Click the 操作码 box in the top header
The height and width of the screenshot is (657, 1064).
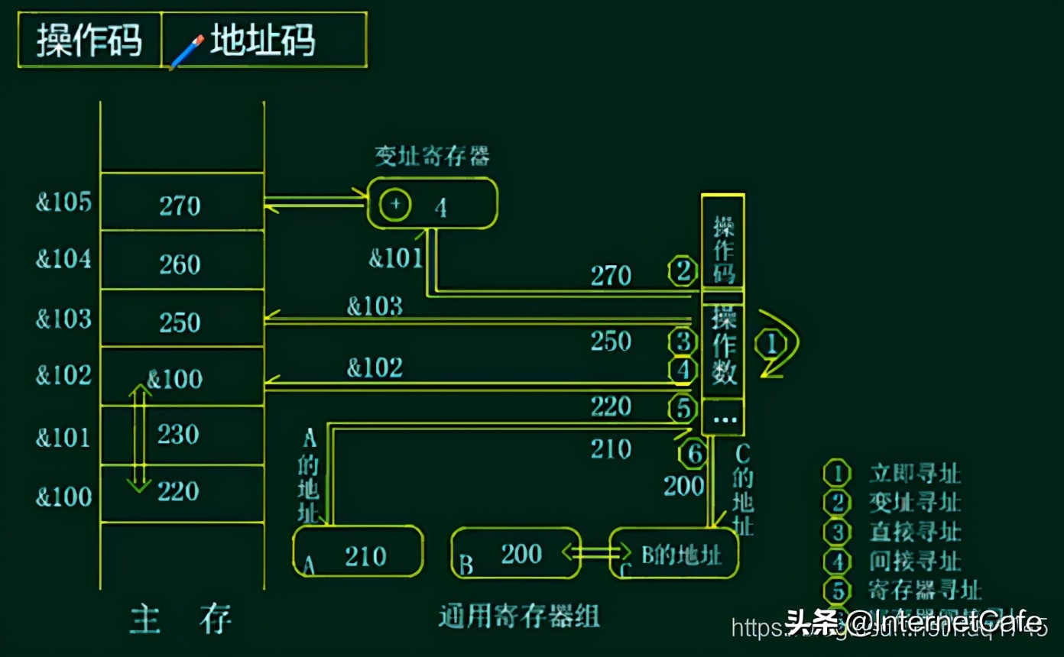pyautogui.click(x=89, y=40)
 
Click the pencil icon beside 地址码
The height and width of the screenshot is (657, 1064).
pyautogui.click(x=186, y=52)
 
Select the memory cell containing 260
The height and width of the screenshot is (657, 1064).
pyautogui.click(x=181, y=264)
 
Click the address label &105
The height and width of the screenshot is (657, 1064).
pyautogui.click(x=63, y=202)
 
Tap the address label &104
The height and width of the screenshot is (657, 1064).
pyautogui.click(x=63, y=260)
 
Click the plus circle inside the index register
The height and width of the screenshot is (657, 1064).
pyautogui.click(x=395, y=204)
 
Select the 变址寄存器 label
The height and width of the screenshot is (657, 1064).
pyautogui.click(x=432, y=156)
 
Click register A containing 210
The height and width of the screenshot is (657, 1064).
pyautogui.click(x=358, y=552)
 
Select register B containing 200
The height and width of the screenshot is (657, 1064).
pyautogui.click(x=515, y=552)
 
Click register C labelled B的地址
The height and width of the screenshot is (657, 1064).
pyautogui.click(x=674, y=553)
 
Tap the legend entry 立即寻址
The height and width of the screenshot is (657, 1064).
pyautogui.click(x=914, y=473)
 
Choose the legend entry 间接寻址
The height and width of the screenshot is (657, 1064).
pyautogui.click(x=914, y=561)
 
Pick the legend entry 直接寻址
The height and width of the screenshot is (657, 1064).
pyautogui.click(x=914, y=532)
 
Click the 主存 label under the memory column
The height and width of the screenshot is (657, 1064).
pyautogui.click(x=181, y=619)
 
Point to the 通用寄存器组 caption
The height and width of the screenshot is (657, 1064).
pyautogui.click(x=519, y=616)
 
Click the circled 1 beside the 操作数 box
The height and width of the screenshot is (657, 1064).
pyautogui.click(x=771, y=345)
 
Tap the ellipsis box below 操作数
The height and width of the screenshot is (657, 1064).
pyautogui.click(x=723, y=418)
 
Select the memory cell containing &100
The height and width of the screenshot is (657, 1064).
pyautogui.click(x=181, y=377)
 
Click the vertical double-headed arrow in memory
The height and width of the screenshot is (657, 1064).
pyautogui.click(x=138, y=437)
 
